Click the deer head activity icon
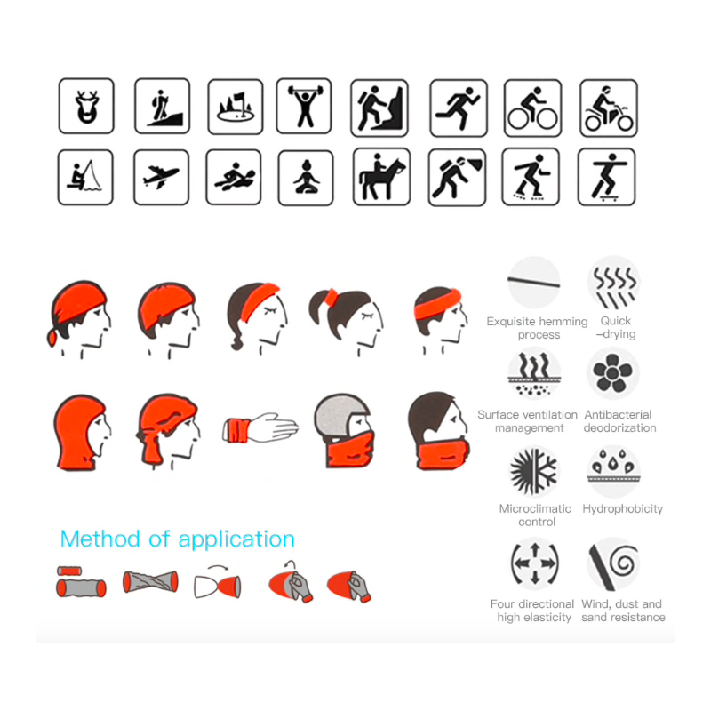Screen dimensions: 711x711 tap(86, 106)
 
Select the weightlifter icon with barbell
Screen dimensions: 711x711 tap(304, 106)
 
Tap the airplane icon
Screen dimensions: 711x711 tap(162, 177)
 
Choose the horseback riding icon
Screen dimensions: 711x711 tap(381, 177)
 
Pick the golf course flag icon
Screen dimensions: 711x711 tap(236, 107)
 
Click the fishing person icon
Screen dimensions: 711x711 tap(85, 177)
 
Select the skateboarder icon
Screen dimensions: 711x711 tap(607, 177)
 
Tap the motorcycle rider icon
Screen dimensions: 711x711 tap(609, 108)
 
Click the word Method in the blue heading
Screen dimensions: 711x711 tap(100, 539)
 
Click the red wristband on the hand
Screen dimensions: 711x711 tap(236, 430)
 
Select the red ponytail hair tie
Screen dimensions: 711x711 tap(331, 297)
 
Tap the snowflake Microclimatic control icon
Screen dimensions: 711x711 tap(535, 472)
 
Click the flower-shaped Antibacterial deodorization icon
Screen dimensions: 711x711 tap(612, 373)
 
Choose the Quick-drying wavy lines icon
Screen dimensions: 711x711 tap(614, 283)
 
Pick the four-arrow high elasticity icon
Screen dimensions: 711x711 tap(535, 563)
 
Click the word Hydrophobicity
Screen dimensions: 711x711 tap(623, 508)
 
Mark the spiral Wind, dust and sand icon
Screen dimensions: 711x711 tap(613, 563)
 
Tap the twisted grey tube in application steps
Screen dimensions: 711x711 tap(150, 582)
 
